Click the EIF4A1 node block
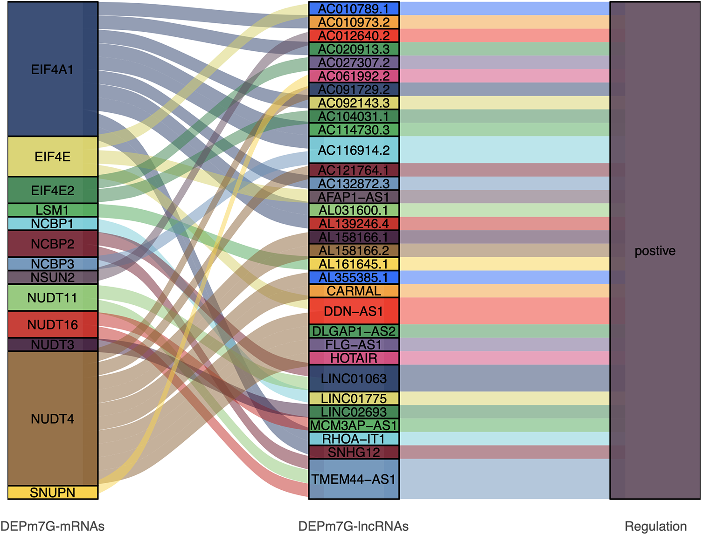(x=53, y=69)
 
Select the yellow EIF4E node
(x=53, y=157)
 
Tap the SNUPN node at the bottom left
(x=53, y=493)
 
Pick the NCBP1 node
(x=53, y=224)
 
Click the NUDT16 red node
(x=53, y=324)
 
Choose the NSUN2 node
(x=53, y=278)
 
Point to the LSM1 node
(x=53, y=210)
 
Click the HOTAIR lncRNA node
(x=354, y=358)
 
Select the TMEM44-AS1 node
(x=354, y=479)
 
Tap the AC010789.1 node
(x=354, y=9)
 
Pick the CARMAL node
(x=354, y=291)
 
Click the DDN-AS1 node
(x=354, y=311)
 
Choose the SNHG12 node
(x=354, y=453)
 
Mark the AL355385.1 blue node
(x=354, y=278)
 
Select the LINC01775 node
(x=354, y=399)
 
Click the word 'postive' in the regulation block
(x=655, y=251)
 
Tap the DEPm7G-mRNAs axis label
(x=52, y=526)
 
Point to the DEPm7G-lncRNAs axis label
(x=354, y=526)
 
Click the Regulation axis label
(x=655, y=526)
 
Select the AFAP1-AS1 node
(x=354, y=197)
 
